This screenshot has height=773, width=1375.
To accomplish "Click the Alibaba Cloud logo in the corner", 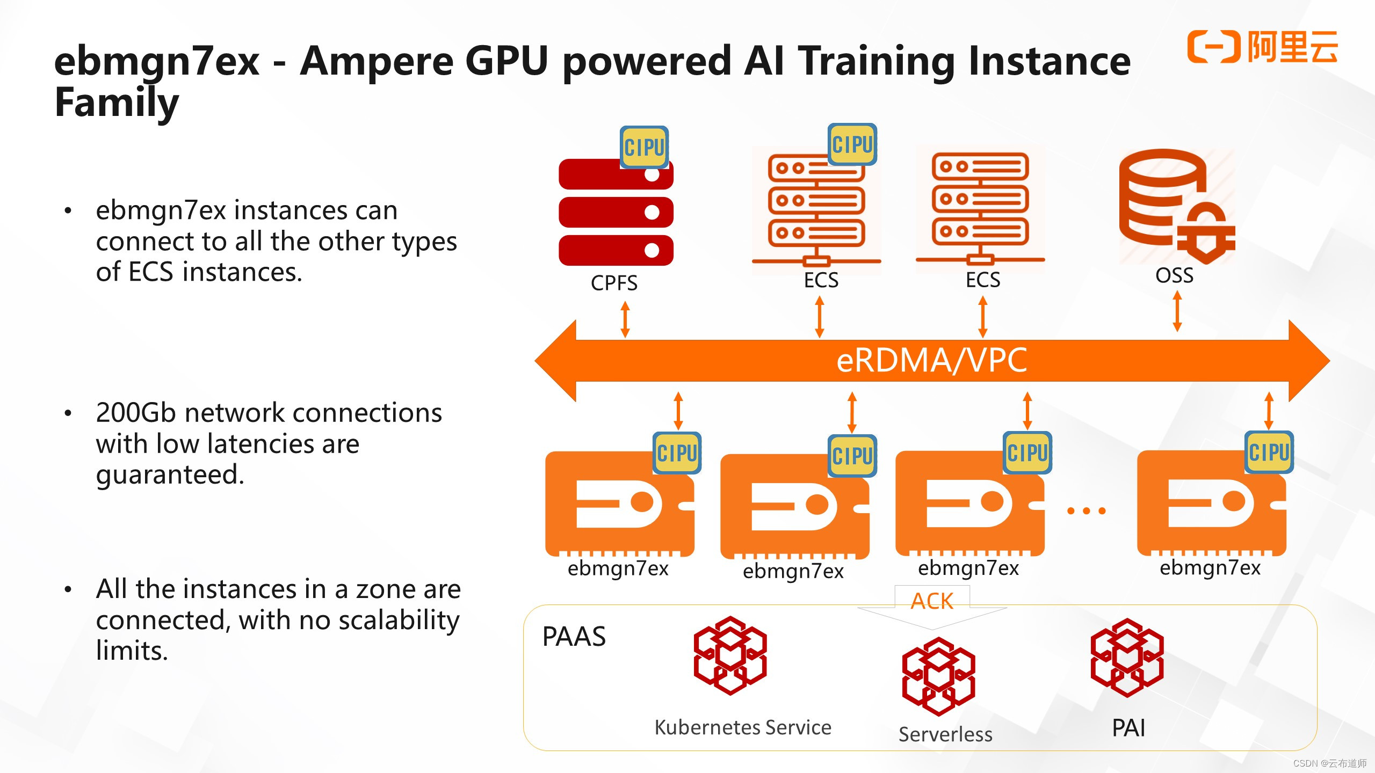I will coord(1262,47).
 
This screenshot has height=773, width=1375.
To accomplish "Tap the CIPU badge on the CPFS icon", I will coord(644,147).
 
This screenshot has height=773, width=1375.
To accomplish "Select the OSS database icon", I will coord(1176,207).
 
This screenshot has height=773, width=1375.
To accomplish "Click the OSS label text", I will coord(1174,275).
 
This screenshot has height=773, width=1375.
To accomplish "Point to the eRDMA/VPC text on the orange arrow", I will coord(931,360).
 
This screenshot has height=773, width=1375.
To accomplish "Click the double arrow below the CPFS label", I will coord(625,319).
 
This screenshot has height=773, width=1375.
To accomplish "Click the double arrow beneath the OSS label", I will coord(1177,311).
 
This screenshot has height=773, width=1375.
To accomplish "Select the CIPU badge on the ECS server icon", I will coord(852,144).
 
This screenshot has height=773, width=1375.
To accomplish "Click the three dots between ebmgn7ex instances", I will coord(1085,511).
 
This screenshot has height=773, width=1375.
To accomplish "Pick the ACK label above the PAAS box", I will coord(932,601).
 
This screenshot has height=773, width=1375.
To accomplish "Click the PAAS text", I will coord(574,637).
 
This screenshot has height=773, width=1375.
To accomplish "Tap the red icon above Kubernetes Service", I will coord(730,656).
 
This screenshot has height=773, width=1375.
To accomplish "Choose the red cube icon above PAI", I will coord(1127,658).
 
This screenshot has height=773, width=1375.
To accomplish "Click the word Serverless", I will coord(945,734).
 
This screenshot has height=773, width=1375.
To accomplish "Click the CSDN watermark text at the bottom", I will coord(1329,763).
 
